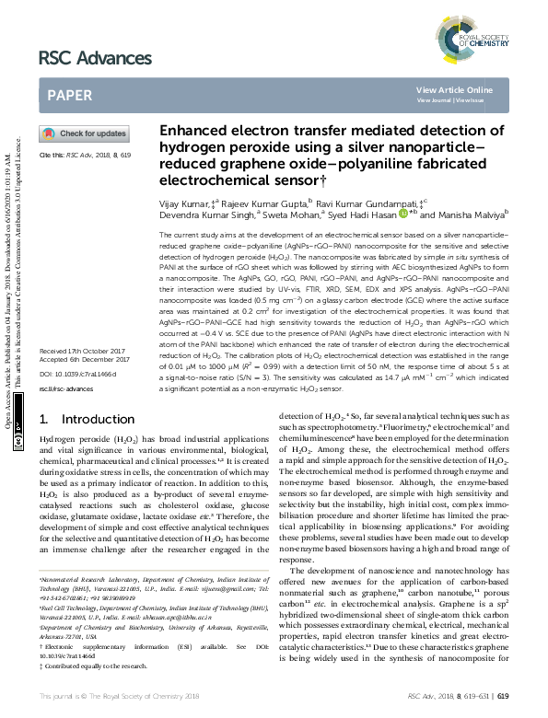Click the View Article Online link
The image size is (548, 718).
454,89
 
